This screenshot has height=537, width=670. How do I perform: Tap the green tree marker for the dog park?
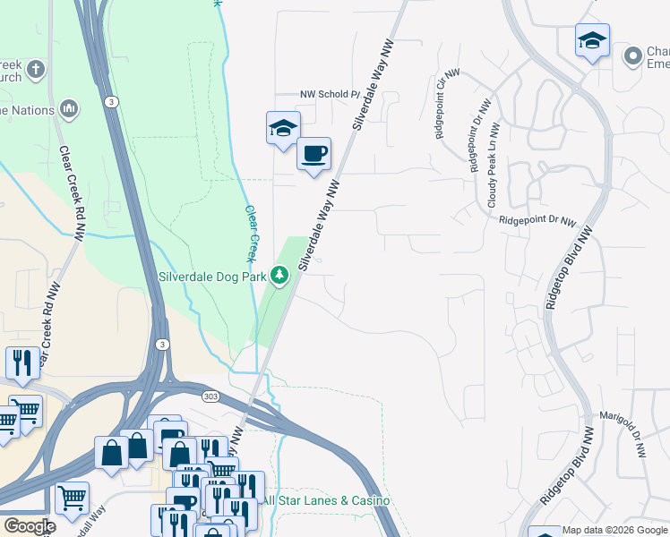280,276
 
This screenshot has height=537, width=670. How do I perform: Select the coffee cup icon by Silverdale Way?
314,154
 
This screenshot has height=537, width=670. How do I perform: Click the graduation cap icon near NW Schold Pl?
283,128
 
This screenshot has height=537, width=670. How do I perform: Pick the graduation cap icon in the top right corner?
591,40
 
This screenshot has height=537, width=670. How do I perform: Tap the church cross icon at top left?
35,69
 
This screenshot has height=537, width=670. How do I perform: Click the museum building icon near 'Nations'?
69,110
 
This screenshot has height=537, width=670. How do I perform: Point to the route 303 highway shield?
209,395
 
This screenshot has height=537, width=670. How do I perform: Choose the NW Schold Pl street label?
329,94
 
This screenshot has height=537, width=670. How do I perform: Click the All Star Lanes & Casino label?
326,500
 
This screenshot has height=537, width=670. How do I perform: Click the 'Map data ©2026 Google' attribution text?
614,531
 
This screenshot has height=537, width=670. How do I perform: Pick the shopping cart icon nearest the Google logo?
72,497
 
